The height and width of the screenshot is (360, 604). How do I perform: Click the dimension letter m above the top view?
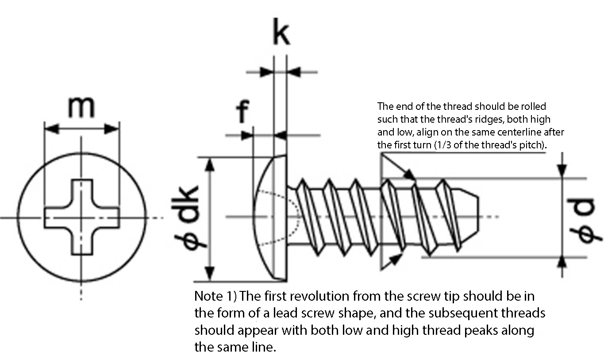tap(81, 108)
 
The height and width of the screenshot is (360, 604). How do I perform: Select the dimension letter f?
tap(242, 111)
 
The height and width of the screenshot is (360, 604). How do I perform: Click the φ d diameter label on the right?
tap(584, 221)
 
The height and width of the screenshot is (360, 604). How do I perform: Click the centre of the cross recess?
tap(82, 217)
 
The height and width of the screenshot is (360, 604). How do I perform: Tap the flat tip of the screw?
tap(478, 217)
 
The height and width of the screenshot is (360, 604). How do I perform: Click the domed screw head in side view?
tap(270, 218)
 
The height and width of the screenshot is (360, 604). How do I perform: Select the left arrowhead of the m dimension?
tap(51, 129)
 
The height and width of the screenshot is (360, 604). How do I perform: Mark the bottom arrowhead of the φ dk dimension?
tap(210, 274)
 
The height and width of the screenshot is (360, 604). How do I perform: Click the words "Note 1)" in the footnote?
tap(215, 296)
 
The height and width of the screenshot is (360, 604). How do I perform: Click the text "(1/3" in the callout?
tap(443, 145)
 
